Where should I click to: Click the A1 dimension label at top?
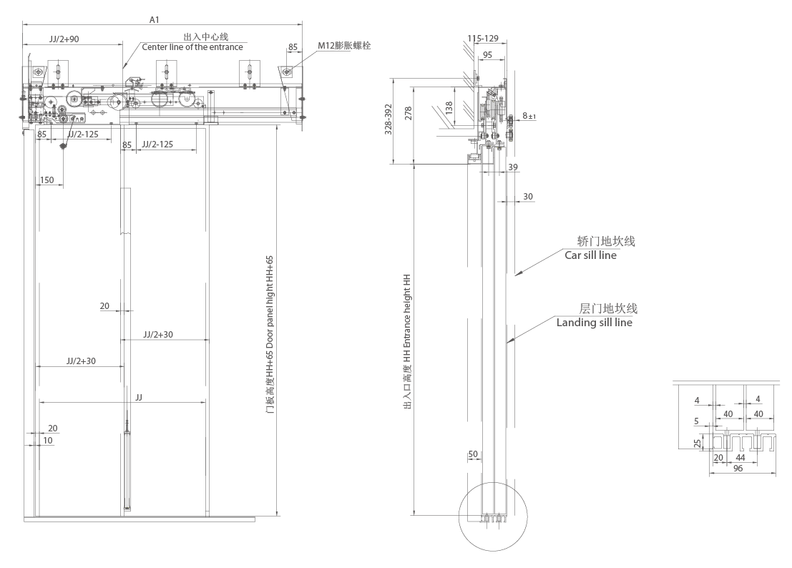point(154,20)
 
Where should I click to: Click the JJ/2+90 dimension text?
point(64,39)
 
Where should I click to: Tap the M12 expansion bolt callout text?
point(344,46)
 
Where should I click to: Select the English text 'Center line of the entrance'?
point(192,47)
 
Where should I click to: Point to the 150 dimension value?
point(47,180)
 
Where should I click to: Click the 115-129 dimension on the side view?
point(483,38)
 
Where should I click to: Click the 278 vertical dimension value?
point(409,113)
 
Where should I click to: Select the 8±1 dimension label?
point(530,115)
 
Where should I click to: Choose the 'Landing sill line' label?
point(595,323)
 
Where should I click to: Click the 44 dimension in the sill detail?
point(740,457)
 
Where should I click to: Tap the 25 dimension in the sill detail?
point(698,443)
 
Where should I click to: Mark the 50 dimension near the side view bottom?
point(473,454)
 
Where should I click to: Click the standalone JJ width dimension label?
point(138,395)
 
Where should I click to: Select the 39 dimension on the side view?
point(512,167)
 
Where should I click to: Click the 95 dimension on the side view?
point(487,54)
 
